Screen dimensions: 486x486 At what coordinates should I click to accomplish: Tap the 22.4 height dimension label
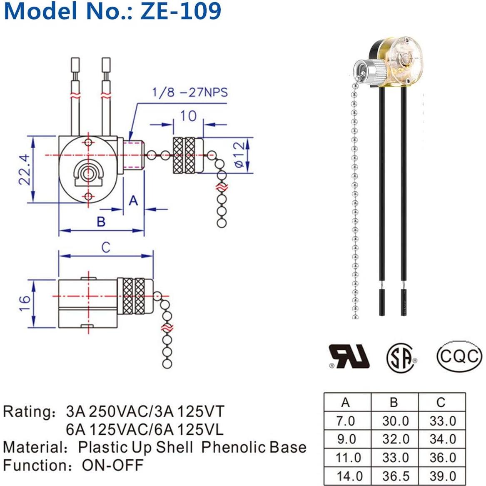pyautogui.click(x=24, y=169)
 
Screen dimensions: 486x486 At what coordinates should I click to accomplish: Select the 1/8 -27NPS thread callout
pyautogui.click(x=190, y=92)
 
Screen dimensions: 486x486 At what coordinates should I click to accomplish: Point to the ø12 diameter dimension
pyautogui.click(x=239, y=155)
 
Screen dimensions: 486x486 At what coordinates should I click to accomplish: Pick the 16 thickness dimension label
pyautogui.click(x=24, y=303)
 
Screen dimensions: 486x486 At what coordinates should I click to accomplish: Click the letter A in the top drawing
pyautogui.click(x=133, y=201)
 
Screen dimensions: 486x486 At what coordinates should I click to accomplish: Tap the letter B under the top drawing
pyautogui.click(x=101, y=222)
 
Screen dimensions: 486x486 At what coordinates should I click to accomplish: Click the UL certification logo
pyautogui.click(x=349, y=356)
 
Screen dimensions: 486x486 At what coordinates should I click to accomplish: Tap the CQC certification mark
pyautogui.click(x=459, y=356)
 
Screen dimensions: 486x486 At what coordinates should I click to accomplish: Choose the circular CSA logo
pyautogui.click(x=402, y=357)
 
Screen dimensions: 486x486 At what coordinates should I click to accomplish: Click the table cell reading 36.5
pyautogui.click(x=395, y=476)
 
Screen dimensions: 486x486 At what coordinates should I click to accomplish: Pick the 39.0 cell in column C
pyautogui.click(x=442, y=476)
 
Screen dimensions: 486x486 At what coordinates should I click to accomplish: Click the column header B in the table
pyautogui.click(x=394, y=402)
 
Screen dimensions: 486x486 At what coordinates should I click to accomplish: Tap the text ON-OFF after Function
pyautogui.click(x=112, y=465)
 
